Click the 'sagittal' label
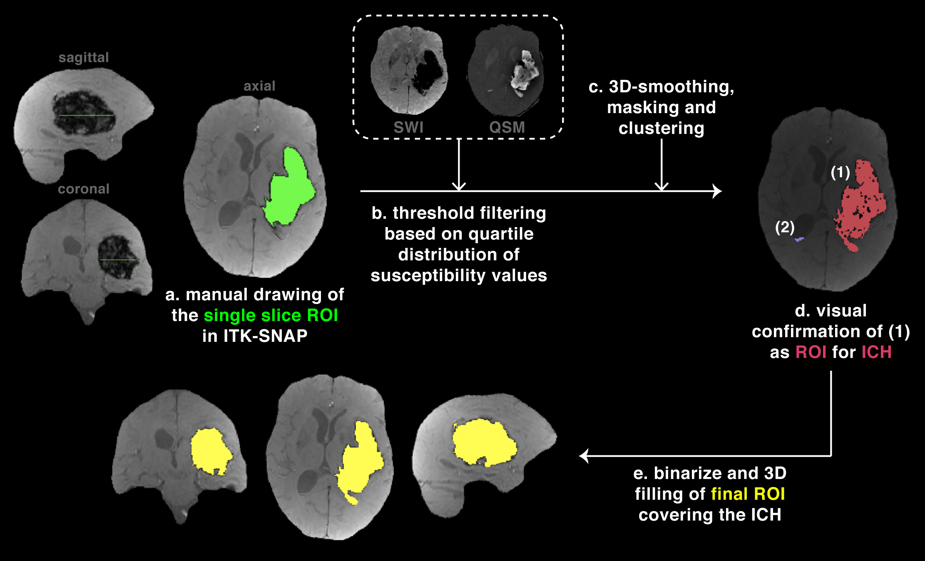[x=83, y=57]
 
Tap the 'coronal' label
[x=83, y=189]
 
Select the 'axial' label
[x=259, y=86]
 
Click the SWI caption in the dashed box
[x=408, y=127]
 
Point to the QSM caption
[x=507, y=127]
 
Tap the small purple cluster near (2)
[x=798, y=240]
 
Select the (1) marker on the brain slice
[x=840, y=172]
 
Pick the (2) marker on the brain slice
[x=785, y=227]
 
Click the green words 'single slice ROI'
[x=271, y=315]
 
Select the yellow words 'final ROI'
[x=748, y=494]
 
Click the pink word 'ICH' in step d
[x=876, y=352]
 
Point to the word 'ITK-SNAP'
[x=265, y=336]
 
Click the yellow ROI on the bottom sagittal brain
[x=483, y=443]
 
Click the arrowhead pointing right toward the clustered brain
[x=717, y=191]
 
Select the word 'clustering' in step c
[x=661, y=128]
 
